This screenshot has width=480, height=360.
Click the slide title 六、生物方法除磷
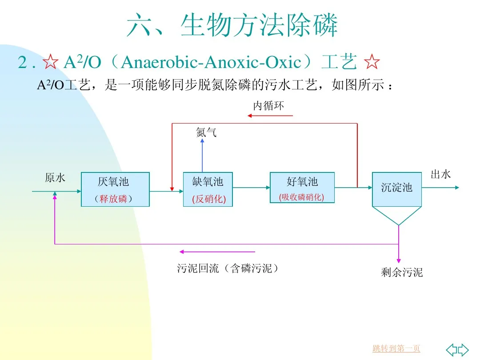click(232, 25)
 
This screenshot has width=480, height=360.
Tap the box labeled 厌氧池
click(115, 189)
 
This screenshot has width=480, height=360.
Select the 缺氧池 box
click(208, 189)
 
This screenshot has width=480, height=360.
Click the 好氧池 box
click(302, 187)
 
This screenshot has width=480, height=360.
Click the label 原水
click(55, 178)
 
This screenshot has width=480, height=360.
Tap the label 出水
click(440, 175)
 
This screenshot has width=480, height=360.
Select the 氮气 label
click(206, 132)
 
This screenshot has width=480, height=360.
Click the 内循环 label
click(268, 106)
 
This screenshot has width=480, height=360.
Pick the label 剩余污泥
click(402, 272)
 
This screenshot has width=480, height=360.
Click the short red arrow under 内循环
click(270, 116)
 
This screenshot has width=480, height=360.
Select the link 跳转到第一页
click(396, 348)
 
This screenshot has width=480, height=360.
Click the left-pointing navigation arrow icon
click(452, 349)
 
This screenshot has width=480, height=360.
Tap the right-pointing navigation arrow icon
click(464, 349)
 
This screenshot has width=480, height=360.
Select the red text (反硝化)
click(209, 200)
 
